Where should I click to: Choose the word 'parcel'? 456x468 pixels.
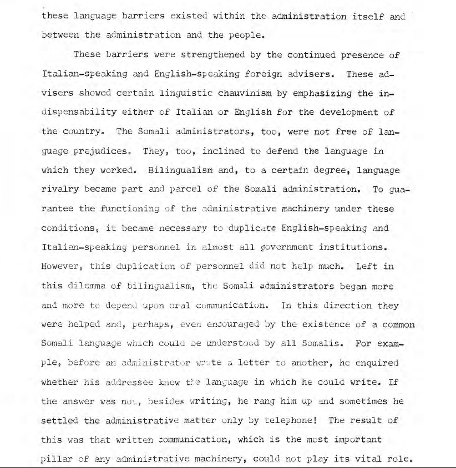click(169, 189)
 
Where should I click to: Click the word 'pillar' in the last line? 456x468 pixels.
click(56, 459)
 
